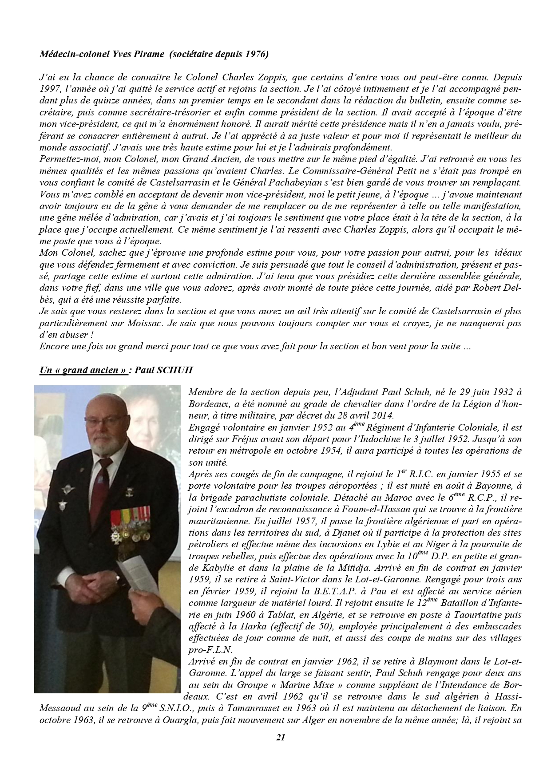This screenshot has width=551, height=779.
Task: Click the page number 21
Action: click(x=280, y=750)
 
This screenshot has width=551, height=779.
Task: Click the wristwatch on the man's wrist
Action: click(x=117, y=577)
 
